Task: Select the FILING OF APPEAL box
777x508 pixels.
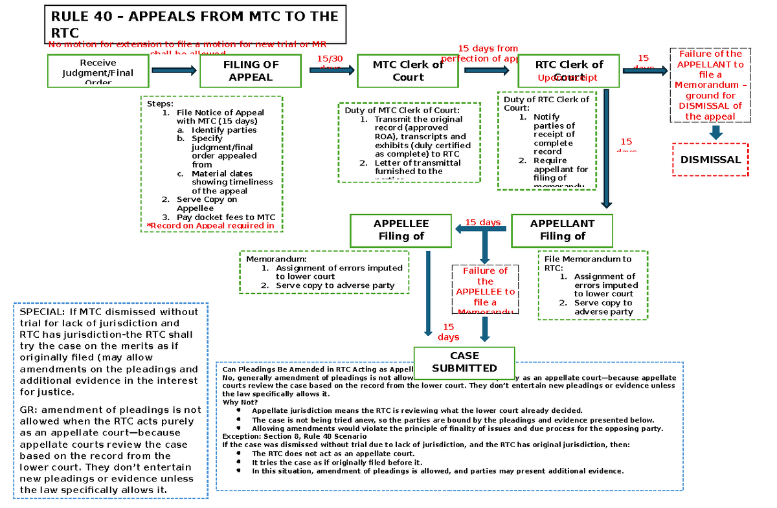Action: click(251, 71)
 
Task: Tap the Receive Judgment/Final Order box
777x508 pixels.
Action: click(98, 71)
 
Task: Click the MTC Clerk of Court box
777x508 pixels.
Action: click(408, 71)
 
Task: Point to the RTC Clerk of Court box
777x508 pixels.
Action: click(569, 71)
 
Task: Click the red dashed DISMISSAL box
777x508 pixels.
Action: click(710, 159)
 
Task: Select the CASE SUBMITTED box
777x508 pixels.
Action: click(464, 362)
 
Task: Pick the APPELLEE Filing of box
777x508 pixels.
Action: click(401, 230)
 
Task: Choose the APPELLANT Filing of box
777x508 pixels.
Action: click(562, 230)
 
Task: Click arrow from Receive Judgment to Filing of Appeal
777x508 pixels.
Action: click(174, 71)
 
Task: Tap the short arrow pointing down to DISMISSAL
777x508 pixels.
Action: click(715, 132)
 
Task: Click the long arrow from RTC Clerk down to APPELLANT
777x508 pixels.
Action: click(606, 149)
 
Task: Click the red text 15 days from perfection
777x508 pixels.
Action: click(487, 53)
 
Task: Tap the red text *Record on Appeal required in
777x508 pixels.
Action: click(210, 226)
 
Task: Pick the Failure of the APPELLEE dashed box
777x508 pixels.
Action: click(485, 291)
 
